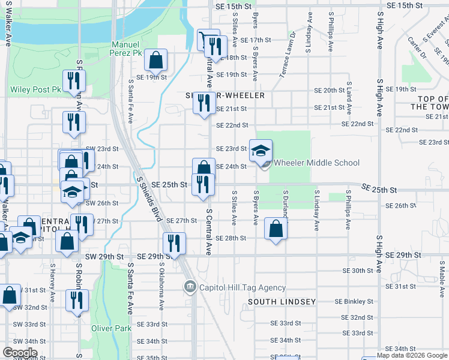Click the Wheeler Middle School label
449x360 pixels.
316,163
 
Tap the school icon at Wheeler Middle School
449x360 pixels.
261,151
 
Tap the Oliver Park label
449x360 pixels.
111,328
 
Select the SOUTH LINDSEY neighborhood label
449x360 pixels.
282,301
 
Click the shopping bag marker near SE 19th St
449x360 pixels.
155,60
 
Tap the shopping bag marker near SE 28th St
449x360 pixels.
276,229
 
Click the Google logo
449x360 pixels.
20,353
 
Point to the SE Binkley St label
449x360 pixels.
354,301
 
